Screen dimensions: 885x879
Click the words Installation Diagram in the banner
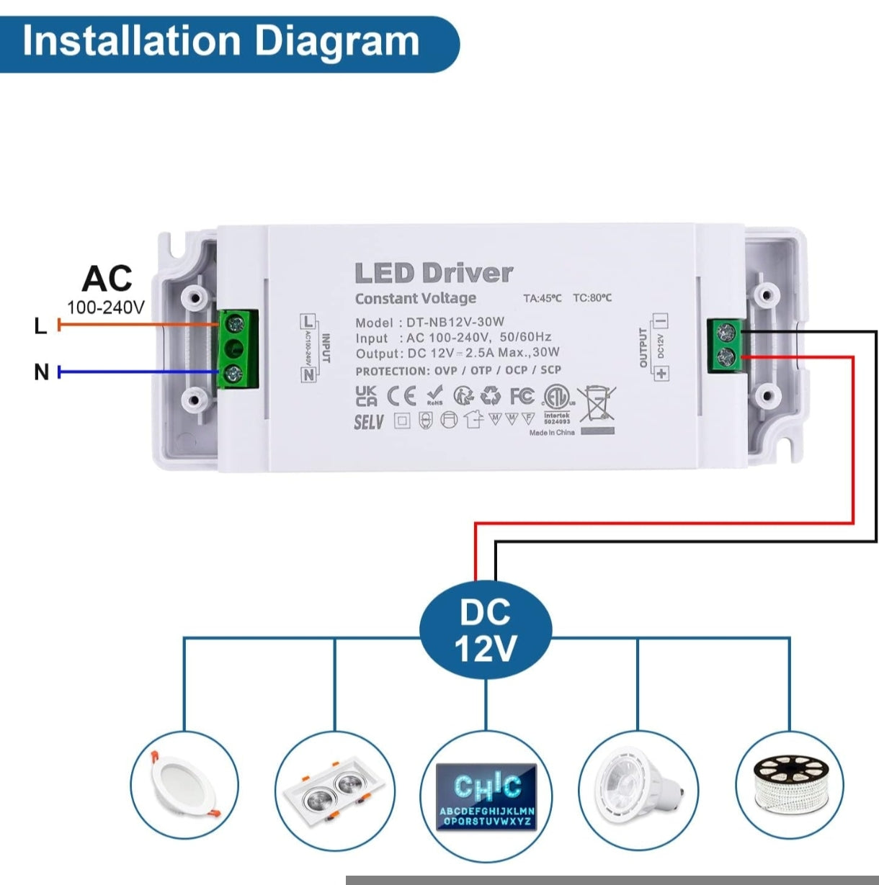pos(220,41)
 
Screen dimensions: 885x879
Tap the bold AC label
pos(107,279)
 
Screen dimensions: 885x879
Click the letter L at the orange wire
pos(40,326)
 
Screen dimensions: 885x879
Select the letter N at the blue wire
pos(41,372)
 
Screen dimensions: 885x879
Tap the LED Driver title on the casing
pos(434,273)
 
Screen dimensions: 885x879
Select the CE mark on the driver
pos(401,396)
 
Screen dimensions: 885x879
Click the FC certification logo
pos(522,395)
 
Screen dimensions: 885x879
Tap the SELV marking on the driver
pos(369,422)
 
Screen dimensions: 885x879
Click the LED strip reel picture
pos(788,784)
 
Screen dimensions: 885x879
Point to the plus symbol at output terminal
pos(661,373)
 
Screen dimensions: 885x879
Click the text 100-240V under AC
pos(105,307)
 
